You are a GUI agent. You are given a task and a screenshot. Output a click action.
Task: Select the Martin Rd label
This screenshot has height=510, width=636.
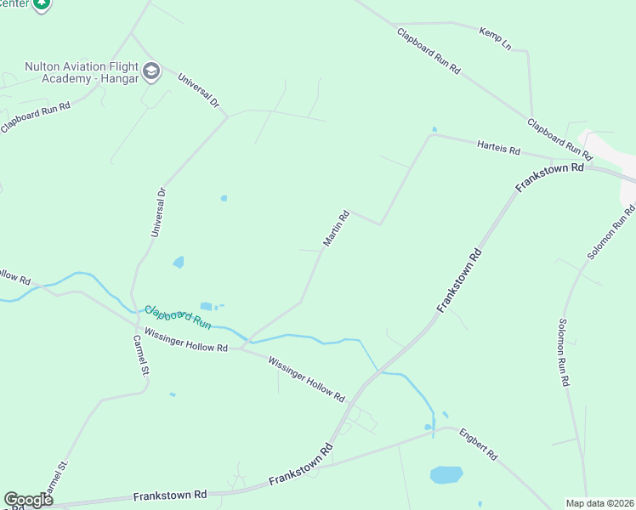click(x=336, y=229)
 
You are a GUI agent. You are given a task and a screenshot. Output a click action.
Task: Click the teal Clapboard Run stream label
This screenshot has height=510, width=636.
click(x=177, y=317)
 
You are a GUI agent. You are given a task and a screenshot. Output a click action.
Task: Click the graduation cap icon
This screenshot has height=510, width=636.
click(x=152, y=70)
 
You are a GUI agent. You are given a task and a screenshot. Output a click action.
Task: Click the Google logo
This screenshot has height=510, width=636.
click(x=28, y=500)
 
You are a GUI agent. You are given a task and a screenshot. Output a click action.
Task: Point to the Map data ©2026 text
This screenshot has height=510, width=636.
click(x=599, y=502)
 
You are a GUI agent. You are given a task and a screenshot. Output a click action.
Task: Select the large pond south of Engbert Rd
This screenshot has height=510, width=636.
click(x=446, y=474)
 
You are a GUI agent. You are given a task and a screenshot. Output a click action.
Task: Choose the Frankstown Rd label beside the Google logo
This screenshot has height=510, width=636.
click(x=170, y=495)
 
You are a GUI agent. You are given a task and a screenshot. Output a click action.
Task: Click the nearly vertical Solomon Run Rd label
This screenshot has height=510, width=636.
click(x=563, y=353)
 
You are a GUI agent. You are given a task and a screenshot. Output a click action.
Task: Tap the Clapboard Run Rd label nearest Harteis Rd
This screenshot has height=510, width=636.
click(x=559, y=139)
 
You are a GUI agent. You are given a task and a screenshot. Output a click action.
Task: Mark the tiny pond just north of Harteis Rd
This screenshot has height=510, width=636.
click(x=434, y=129)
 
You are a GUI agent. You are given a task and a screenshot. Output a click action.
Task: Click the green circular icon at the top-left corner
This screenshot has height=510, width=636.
click(x=40, y=4)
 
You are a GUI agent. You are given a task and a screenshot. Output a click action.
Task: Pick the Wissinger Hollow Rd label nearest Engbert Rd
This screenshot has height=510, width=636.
click(x=306, y=379)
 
